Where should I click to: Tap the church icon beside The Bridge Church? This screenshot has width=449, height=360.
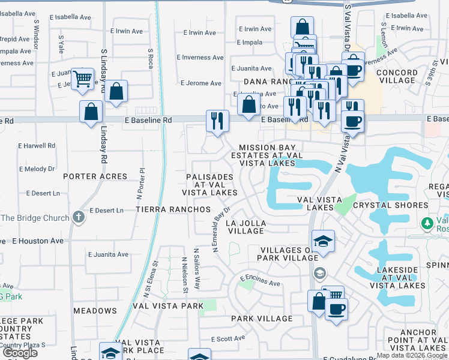click(78, 217)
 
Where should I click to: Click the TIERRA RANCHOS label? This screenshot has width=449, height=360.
click(173, 209)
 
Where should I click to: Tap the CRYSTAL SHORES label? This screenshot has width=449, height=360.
click(390, 205)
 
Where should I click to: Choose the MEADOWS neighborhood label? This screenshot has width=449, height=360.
click(95, 311)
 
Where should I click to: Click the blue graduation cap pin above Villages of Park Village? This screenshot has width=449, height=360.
click(324, 241)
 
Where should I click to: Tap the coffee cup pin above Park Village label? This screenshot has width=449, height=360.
click(336, 310)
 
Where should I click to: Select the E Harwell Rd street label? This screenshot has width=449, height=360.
click(37, 145)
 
